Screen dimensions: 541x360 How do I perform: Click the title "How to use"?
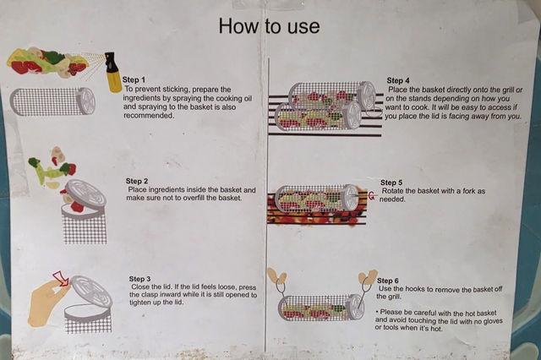point(269,26)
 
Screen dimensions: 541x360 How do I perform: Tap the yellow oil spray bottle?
point(112,72)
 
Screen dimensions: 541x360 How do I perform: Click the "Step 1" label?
point(134,80)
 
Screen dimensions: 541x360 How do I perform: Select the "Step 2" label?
point(137,181)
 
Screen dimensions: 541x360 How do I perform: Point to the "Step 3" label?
point(139,279)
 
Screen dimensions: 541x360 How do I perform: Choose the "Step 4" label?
point(398,80)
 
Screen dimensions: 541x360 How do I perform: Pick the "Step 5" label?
point(391,183)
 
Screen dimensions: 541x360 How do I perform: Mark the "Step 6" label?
point(388,281)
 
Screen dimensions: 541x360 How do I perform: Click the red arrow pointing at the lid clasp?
point(61,279)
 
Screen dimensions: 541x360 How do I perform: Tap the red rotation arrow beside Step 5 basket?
point(372,196)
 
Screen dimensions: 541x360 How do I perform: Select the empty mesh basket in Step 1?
point(52,101)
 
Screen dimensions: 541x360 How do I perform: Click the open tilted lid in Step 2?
point(84,194)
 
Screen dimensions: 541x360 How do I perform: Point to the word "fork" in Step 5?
point(470,191)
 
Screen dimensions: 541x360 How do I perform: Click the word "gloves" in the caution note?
point(492,321)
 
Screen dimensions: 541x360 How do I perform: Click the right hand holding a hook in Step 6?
point(368,276)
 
